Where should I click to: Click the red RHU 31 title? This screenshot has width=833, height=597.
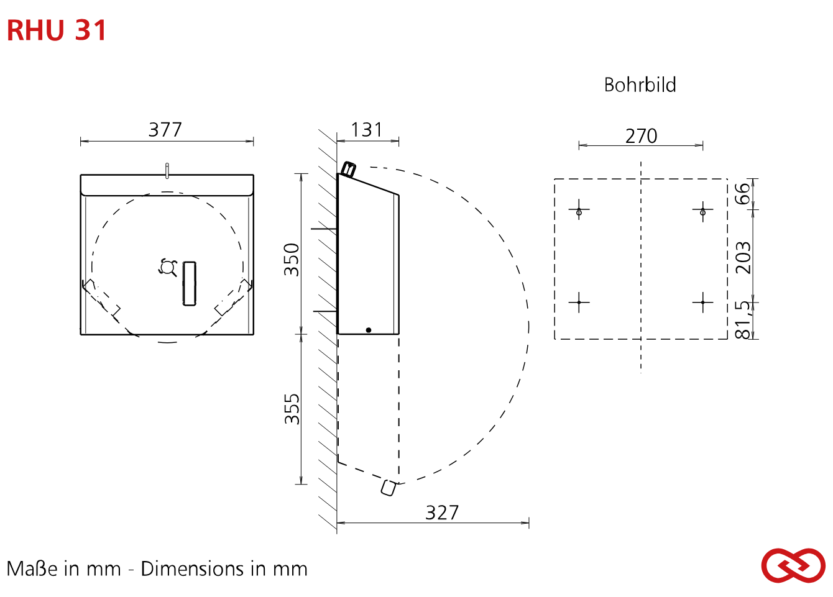tap(57, 30)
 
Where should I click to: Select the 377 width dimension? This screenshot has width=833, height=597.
tap(165, 130)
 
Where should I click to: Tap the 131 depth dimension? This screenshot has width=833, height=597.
tap(367, 130)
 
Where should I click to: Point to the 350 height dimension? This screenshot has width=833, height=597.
tap(292, 260)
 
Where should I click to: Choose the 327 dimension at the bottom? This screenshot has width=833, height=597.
tap(442, 513)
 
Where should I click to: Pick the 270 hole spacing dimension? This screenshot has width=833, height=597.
tap(641, 135)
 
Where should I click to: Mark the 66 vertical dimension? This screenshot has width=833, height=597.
tap(743, 194)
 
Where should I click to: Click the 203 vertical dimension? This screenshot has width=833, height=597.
tap(743, 258)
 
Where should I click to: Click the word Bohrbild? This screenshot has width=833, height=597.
tap(640, 84)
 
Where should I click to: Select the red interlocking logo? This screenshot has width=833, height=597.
tap(793, 565)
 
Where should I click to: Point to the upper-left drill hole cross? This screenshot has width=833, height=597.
tap(579, 209)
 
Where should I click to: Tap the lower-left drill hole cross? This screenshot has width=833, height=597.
tap(579, 302)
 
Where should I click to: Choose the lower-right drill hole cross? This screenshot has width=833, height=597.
tap(702, 302)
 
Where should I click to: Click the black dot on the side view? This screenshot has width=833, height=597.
tap(369, 330)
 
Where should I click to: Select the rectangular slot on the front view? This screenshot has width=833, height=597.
tap(189, 284)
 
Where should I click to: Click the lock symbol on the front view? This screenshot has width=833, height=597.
tap(168, 267)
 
